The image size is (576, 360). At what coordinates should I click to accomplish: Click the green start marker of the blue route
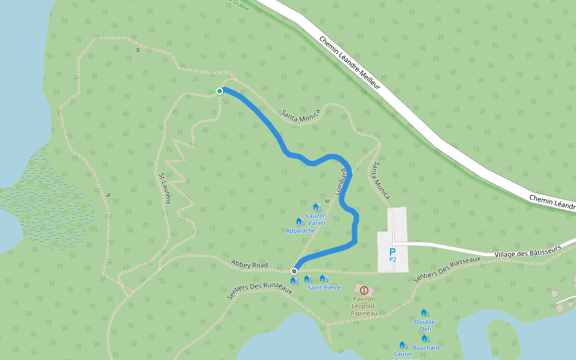point(220,91)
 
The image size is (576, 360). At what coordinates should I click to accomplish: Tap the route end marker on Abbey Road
point(294,271)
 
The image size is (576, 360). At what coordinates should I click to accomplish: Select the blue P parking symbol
point(392,252)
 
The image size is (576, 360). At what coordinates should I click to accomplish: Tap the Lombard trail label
point(340,182)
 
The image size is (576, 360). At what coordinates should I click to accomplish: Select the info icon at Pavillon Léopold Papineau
point(364,290)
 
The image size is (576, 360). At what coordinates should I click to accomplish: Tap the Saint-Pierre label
point(324,287)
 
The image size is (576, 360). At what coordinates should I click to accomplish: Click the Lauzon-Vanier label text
point(316,219)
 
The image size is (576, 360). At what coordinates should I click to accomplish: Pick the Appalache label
point(301,230)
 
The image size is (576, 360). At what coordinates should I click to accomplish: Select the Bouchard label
point(426,347)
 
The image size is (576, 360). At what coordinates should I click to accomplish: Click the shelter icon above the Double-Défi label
point(424,313)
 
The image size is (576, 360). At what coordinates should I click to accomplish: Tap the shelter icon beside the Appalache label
point(299,221)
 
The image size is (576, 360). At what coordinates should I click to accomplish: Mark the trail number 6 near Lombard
point(327,201)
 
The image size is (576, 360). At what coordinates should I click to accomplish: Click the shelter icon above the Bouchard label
point(425,338)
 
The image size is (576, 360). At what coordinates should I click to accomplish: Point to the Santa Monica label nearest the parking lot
point(382,180)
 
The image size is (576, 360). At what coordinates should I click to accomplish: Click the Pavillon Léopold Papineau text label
point(364,305)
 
